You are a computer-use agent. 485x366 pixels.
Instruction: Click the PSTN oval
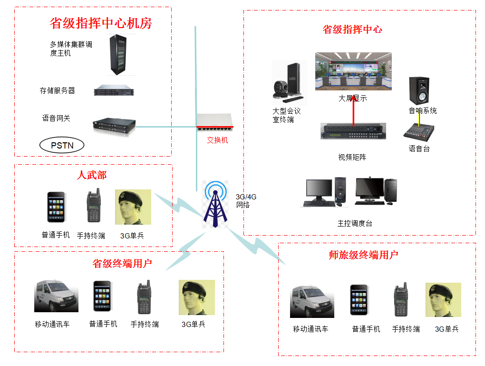62,145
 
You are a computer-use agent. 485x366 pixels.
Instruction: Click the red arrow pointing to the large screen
354,109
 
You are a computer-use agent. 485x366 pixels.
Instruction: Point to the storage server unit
114,90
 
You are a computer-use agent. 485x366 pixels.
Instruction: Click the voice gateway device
114,125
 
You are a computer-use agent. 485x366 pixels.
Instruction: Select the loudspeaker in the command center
419,91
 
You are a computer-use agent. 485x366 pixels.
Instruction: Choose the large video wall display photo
353,71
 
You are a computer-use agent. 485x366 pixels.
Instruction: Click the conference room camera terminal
288,83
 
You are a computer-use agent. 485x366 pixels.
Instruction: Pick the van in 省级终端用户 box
56,297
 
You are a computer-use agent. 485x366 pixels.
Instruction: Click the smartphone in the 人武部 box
56,207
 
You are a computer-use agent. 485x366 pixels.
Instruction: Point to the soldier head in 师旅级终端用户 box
443,300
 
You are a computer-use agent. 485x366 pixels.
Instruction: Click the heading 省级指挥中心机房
101,23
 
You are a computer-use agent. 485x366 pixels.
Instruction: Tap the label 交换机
217,140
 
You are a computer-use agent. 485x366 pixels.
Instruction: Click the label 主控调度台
355,223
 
